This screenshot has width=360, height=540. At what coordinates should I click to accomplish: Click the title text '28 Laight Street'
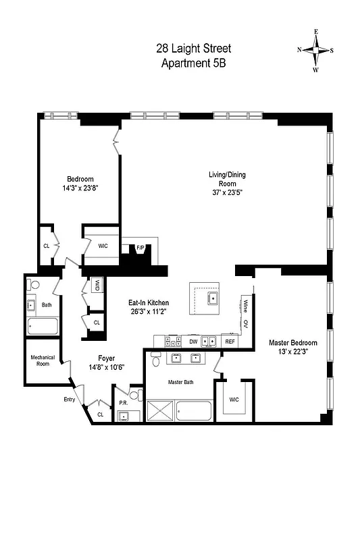(193, 49)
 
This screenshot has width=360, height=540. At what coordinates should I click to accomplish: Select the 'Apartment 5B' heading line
(193, 64)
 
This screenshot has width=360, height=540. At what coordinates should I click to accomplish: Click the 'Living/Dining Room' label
(226, 179)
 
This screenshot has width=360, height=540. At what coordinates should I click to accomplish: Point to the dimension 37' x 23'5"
(226, 192)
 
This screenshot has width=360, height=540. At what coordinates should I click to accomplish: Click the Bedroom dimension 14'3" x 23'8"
(80, 190)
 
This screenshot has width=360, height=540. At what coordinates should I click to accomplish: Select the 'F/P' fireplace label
(140, 248)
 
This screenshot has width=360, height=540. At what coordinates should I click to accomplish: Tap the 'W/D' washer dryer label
(97, 284)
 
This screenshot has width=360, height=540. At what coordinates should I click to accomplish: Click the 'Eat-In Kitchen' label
(149, 303)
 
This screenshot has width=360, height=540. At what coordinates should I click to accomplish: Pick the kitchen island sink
(212, 297)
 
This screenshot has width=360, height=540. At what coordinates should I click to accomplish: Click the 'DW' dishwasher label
(192, 342)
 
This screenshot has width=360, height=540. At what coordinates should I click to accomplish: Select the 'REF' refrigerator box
(230, 342)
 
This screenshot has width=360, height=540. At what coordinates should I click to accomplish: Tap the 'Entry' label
(70, 400)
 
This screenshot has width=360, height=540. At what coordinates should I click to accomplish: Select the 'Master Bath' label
(180, 382)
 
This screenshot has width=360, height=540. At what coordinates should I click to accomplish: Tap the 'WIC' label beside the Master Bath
(234, 400)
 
